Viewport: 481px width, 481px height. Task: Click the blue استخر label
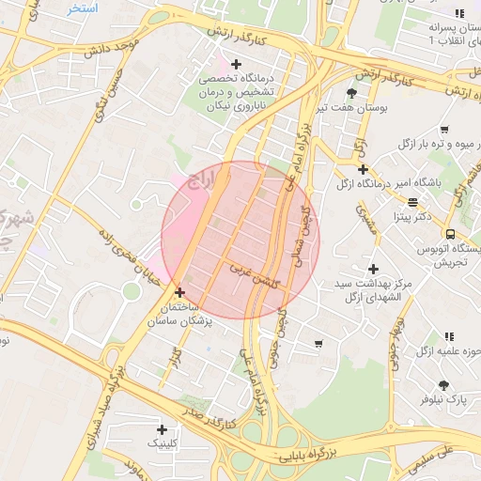[83, 8]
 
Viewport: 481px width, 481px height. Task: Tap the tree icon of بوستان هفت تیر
[351, 92]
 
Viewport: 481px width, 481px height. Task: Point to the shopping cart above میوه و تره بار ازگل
[443, 129]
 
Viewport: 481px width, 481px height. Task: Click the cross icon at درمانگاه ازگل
[363, 169]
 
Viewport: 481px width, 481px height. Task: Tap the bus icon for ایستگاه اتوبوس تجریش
[450, 234]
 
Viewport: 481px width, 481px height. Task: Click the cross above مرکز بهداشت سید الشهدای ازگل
[373, 269]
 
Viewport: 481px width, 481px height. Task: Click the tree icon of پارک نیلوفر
[443, 384]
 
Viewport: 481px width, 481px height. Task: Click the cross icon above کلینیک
[162, 428]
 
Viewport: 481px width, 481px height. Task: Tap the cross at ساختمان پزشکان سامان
[179, 292]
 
